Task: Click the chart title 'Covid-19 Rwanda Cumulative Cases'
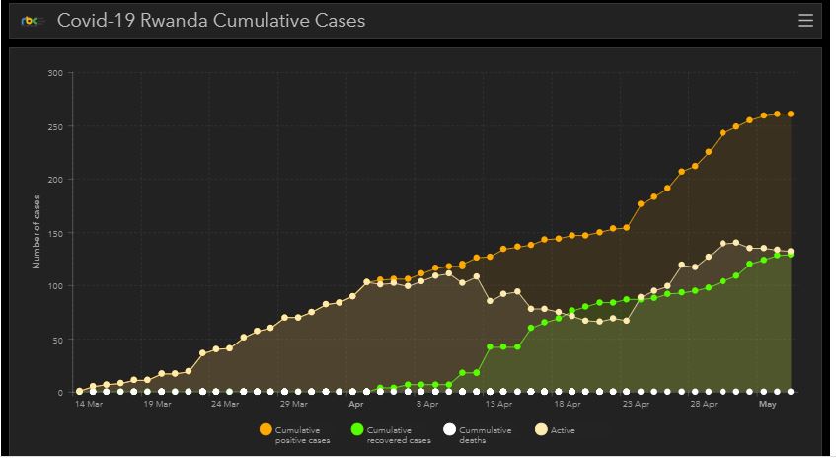[x=211, y=20]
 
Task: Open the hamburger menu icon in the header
[x=805, y=20]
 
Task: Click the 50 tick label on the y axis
[x=57, y=340]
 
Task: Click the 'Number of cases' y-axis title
[x=37, y=233]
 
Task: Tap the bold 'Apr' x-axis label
[x=356, y=404]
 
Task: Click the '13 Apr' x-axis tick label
[x=498, y=404]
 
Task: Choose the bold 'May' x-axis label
[x=767, y=404]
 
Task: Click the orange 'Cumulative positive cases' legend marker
[x=265, y=430]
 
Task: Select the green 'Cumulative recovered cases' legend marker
[x=356, y=430]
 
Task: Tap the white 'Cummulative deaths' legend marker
[x=449, y=430]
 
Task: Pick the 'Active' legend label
[x=563, y=430]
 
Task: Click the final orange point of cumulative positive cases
[x=791, y=114]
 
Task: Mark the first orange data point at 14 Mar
[x=80, y=392]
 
